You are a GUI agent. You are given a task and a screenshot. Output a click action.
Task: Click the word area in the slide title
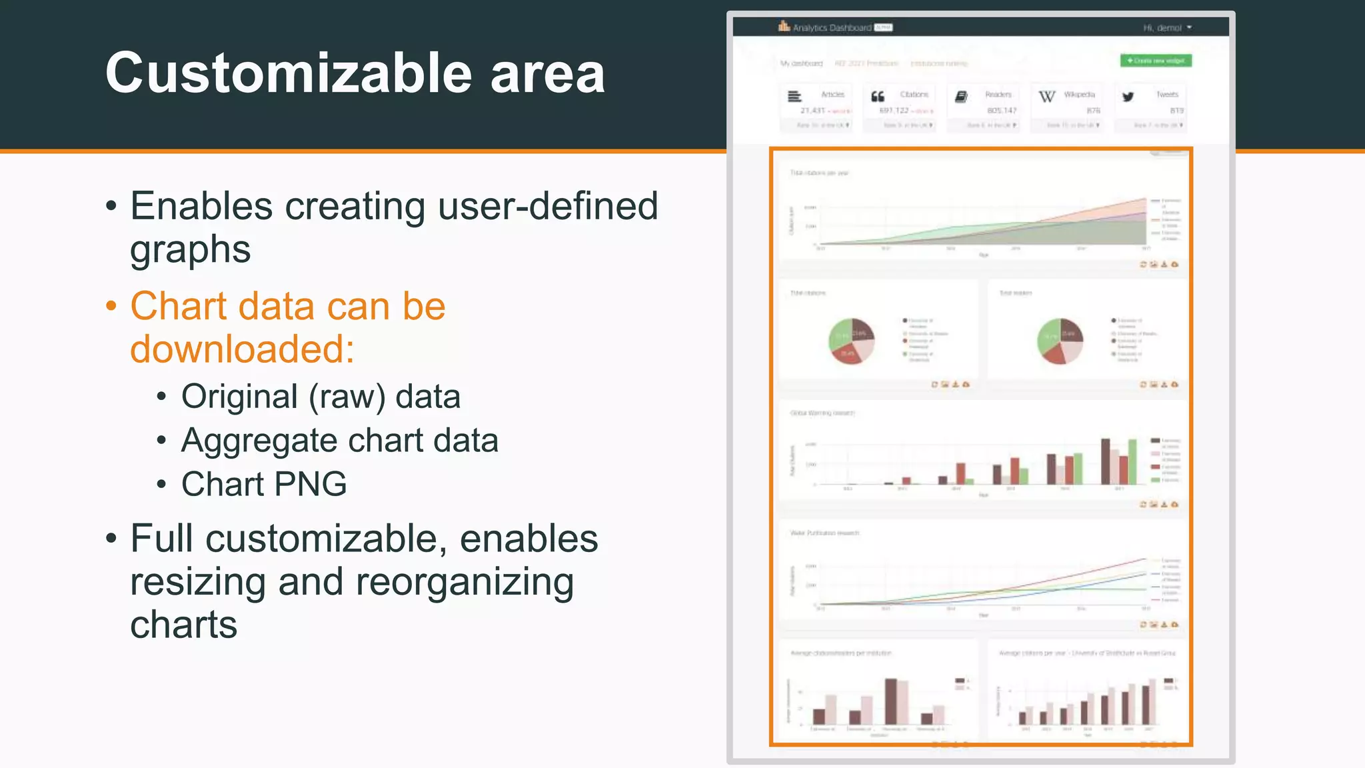pos(547,74)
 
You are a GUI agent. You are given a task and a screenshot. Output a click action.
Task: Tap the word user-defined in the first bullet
pos(548,206)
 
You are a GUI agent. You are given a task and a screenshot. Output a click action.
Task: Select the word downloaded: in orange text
pos(242,349)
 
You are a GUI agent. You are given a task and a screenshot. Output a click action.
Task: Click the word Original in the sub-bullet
pos(239,397)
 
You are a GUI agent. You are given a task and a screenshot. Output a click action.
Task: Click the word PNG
pos(310,484)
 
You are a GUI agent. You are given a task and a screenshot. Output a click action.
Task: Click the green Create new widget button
pos(1156,61)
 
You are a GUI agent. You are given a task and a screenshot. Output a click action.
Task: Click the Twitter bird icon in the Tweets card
pos(1128,97)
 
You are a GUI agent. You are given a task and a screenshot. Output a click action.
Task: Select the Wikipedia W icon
pos(1046,97)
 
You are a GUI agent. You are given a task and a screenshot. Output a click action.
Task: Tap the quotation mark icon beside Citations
pos(878,97)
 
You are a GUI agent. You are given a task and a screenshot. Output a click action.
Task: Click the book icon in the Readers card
pos(961,97)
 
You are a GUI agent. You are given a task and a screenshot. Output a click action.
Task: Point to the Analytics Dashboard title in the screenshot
pos(832,28)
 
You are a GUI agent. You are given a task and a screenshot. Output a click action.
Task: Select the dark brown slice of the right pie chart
pos(1070,329)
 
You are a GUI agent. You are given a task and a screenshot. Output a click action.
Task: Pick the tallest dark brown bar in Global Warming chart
pos(1105,461)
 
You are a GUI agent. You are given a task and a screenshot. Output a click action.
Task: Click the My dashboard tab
pos(801,63)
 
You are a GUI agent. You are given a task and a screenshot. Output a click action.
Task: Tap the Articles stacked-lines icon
pos(794,97)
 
